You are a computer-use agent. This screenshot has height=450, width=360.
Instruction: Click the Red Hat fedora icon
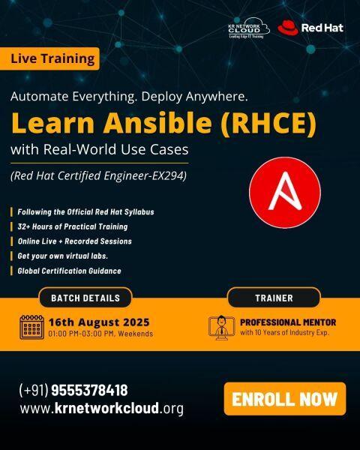coord(288,28)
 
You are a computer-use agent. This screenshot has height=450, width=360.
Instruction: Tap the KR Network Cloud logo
coord(249,28)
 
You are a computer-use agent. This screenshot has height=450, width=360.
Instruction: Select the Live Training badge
coord(49,58)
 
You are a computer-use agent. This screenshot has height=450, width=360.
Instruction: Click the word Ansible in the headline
coord(157,123)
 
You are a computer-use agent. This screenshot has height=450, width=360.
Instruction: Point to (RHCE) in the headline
coord(268,124)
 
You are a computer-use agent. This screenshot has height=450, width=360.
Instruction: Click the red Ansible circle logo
coord(285,193)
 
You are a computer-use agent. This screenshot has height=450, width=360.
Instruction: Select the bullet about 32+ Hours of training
coord(73,226)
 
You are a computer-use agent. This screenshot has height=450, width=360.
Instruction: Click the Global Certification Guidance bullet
coord(69,271)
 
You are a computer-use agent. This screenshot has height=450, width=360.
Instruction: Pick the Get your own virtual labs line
coord(62,256)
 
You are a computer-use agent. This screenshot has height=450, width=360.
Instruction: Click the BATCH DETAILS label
coord(85,298)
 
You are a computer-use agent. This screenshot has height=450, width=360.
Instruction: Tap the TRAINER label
coord(274,298)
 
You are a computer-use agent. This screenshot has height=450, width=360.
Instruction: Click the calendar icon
coord(31,327)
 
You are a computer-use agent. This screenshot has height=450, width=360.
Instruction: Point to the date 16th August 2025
coord(99,322)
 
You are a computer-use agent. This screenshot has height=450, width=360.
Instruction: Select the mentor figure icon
coord(221,328)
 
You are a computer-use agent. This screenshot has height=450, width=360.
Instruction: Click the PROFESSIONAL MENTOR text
coord(288,322)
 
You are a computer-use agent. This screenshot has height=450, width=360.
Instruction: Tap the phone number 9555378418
coord(89,390)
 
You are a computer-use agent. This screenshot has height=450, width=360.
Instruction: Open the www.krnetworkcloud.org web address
coord(102,408)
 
